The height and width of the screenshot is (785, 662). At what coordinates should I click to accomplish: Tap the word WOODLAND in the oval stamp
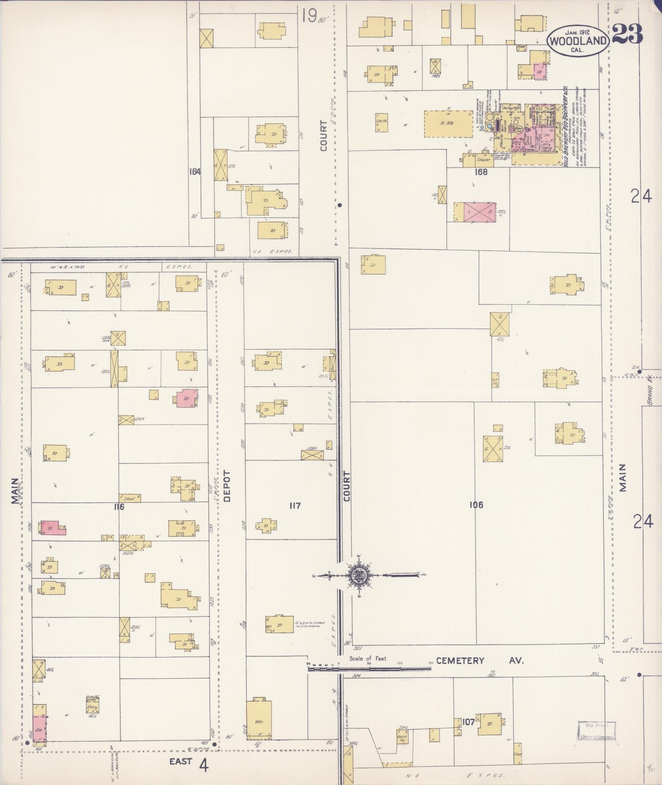pos(578,41)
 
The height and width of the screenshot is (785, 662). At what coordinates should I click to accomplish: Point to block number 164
pos(195,172)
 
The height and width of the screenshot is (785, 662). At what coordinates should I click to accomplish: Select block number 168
pos(481,172)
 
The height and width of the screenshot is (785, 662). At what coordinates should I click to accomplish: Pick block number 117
pos(295,506)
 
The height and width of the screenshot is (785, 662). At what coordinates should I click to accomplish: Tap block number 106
pos(476,505)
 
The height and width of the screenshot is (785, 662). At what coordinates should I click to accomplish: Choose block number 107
pos(468,722)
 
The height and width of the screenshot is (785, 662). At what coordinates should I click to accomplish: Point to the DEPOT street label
pos(227,486)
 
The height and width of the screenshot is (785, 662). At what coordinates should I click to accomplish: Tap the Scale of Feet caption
pos(368,659)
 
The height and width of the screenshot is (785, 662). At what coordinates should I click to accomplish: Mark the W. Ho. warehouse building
pos(448,123)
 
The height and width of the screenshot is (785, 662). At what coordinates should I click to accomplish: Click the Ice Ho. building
pos(381,122)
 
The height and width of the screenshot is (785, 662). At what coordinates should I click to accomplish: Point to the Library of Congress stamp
pos(597,731)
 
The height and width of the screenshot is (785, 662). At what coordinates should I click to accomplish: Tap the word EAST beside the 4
pos(181,762)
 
